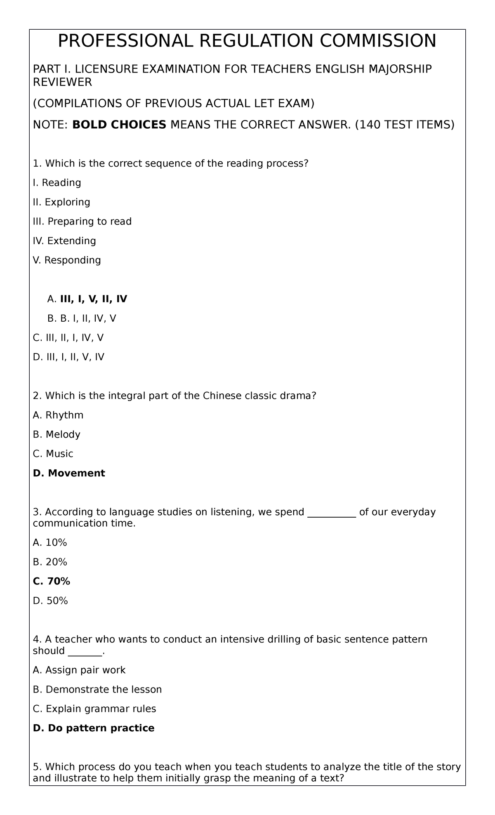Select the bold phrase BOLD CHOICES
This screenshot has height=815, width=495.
[119, 125]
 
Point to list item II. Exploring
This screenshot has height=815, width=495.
[61, 202]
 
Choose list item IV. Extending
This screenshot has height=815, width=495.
[64, 241]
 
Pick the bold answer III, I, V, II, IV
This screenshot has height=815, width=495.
[94, 299]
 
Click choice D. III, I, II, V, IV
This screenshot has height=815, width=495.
[68, 357]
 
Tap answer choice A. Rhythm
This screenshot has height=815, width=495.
[58, 415]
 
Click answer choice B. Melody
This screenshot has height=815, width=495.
[57, 435]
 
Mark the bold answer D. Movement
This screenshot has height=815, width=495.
[69, 473]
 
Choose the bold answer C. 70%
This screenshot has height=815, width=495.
[52, 582]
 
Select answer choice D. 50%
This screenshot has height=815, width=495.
[50, 601]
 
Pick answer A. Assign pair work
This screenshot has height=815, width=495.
[79, 670]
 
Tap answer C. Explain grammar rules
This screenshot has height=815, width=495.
[94, 709]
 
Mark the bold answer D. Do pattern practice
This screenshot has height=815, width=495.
[94, 728]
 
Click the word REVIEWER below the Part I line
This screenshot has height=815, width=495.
[62, 82]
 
